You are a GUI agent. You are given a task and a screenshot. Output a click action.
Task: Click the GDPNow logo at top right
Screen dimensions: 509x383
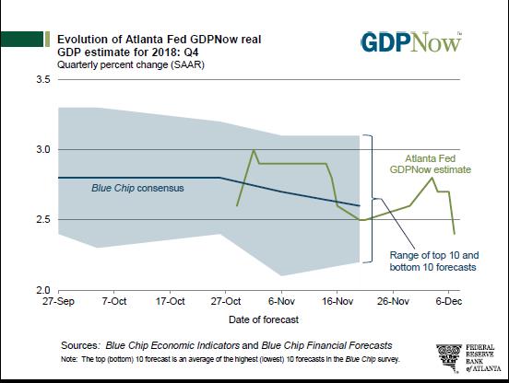[411, 41]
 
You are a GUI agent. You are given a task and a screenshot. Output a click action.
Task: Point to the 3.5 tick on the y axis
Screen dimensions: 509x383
[43, 79]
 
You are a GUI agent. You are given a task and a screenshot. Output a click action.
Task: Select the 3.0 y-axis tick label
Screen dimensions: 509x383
[43, 149]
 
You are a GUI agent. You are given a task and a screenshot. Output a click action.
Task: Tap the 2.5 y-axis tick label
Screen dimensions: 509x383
[43, 219]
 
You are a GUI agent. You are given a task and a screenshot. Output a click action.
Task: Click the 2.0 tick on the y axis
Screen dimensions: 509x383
[43, 289]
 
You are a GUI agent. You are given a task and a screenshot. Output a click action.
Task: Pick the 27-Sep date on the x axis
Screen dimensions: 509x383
[58, 301]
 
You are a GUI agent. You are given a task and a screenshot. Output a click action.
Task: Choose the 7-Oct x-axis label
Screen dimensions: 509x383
[114, 301]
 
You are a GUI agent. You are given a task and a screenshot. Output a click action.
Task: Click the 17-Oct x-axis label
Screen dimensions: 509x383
[170, 301]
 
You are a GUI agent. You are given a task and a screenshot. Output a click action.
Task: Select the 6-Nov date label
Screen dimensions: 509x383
[281, 301]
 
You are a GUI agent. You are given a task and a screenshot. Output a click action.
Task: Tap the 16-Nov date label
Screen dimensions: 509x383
[337, 301]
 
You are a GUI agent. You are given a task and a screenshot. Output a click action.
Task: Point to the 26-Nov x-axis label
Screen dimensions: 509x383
[393, 301]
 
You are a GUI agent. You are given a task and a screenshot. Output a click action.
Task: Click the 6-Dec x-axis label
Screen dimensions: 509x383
[449, 301]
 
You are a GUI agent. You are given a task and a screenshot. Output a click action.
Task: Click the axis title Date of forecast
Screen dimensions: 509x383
[264, 319]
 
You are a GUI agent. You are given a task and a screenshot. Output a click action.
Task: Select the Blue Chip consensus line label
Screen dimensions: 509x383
[137, 188]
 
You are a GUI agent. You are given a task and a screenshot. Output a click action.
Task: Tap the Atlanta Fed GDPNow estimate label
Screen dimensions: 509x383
[430, 164]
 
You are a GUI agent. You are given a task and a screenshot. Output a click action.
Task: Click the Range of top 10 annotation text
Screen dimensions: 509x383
[434, 261]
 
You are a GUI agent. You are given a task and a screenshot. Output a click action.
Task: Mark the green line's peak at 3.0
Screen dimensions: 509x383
[254, 150]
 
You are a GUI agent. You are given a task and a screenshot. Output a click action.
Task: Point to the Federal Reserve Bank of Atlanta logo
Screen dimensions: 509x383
[468, 358]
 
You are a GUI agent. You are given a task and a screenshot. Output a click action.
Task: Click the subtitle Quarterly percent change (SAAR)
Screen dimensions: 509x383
[131, 64]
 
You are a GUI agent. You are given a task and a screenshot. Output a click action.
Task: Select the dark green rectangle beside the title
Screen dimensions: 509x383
[22, 40]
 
